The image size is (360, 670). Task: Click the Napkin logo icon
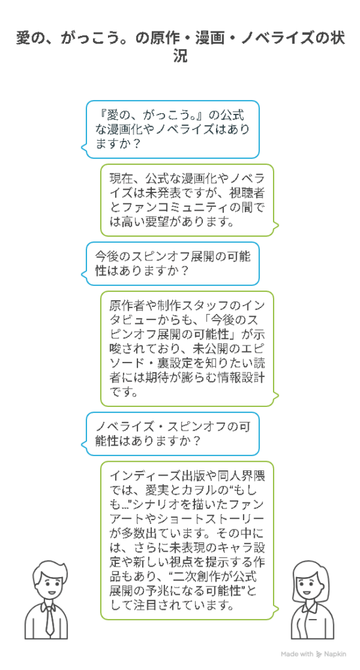[319, 654]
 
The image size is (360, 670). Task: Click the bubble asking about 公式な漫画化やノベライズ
[170, 129]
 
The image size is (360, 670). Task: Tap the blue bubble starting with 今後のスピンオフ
[170, 264]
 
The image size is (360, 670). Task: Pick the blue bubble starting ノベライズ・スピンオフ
[170, 433]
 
